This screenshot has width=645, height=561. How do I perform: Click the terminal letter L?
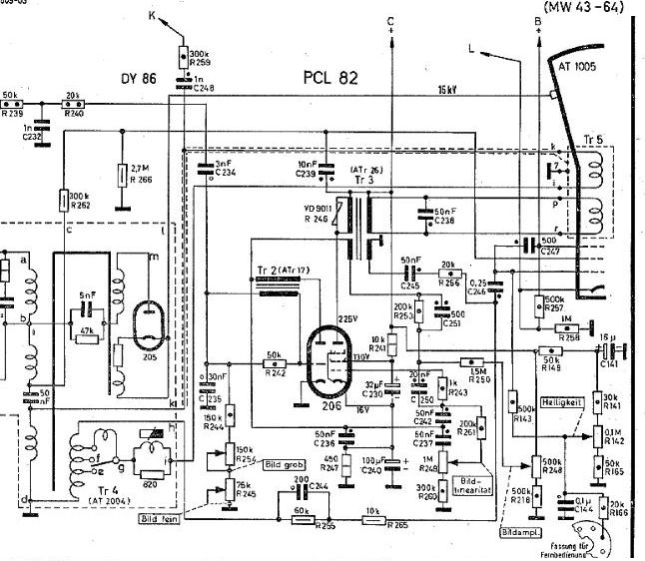pyautogui.click(x=473, y=46)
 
